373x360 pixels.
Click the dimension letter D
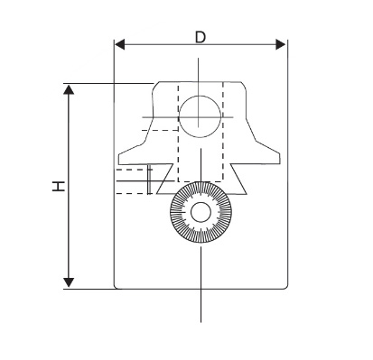(200, 37)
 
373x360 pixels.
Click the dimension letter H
(59, 186)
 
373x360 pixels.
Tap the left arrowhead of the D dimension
(119, 45)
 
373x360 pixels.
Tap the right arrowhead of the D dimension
(281, 45)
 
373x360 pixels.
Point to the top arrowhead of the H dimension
(69, 89)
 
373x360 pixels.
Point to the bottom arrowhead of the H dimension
(69, 282)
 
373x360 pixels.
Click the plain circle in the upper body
(200, 116)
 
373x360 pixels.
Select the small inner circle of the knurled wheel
(200, 212)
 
